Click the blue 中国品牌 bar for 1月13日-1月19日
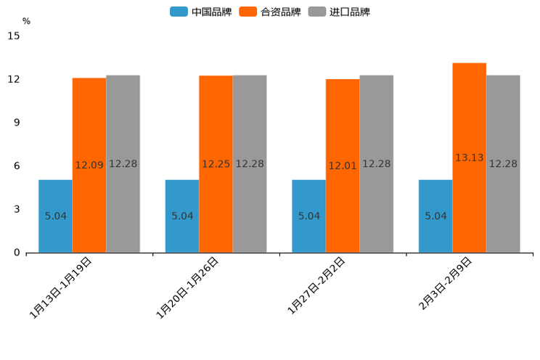(x=55, y=216)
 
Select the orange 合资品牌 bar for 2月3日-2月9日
(x=470, y=157)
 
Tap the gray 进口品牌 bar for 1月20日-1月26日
(x=250, y=163)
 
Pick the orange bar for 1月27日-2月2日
(x=343, y=165)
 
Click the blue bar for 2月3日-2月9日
(x=435, y=216)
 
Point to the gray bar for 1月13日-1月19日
(x=123, y=163)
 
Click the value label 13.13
(x=470, y=157)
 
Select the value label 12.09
(x=89, y=165)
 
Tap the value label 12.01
(x=343, y=165)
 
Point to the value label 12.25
(x=216, y=164)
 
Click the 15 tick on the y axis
(x=15, y=36)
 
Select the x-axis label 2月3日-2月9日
(x=444, y=285)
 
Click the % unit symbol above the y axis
(x=26, y=21)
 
